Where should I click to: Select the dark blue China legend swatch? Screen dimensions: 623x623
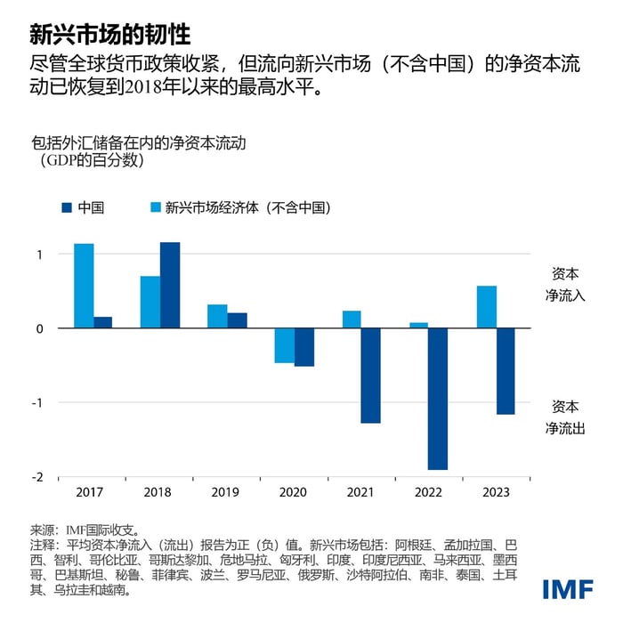pos(66,207)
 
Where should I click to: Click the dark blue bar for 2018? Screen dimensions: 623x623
pos(169,285)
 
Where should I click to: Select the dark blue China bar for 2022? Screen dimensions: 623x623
pos(438,399)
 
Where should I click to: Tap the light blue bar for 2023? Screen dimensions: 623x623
pos(486,307)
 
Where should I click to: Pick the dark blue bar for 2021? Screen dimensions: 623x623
pos(370,376)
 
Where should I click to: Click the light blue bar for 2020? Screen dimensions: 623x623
pos(284,345)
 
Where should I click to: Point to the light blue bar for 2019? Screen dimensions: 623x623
pos(217,316)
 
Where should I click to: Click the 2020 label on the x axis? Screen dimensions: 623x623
pos(294,492)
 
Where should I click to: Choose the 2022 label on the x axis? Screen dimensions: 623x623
pos(428,492)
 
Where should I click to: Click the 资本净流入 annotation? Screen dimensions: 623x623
pos(565,284)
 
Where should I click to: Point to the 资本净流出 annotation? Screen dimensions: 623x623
pos(565,416)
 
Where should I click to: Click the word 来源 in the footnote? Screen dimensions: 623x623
pos(43,528)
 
